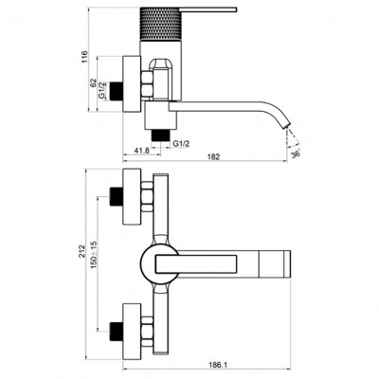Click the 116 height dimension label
[84, 56]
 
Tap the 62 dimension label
[93, 83]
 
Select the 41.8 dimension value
[141, 151]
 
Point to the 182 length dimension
[213, 157]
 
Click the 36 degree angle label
[296, 154]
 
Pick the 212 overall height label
[82, 251]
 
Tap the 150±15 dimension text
[94, 255]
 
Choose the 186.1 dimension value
[219, 365]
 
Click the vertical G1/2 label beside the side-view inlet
[101, 91]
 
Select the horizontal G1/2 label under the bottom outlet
[181, 143]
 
